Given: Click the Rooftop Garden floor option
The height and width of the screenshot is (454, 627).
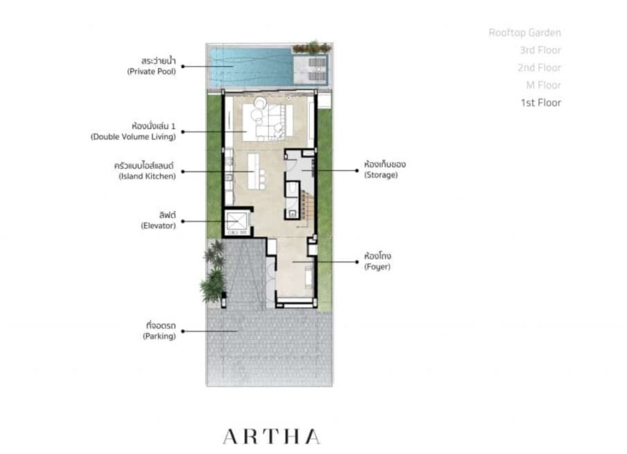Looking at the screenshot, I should point(524,33).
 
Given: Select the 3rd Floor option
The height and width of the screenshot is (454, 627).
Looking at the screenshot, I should point(540,50).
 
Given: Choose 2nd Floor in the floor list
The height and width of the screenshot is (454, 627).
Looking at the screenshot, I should point(540,67).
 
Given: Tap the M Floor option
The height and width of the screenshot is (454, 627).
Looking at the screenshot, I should point(543,85).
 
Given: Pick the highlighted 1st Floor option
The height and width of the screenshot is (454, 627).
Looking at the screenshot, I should point(541,103).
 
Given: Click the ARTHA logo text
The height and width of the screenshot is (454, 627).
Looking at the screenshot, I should point(271,436).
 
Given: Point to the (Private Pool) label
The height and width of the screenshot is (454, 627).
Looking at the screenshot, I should point(151,71).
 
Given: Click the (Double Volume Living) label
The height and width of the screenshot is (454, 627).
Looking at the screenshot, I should point(133,137).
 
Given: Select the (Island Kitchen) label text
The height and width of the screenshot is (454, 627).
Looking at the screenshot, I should point(147,176).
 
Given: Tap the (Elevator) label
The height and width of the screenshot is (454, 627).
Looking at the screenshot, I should point(157,225).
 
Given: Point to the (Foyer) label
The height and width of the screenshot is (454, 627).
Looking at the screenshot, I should point(377,267).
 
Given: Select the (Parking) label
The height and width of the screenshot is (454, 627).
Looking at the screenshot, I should point(159,336).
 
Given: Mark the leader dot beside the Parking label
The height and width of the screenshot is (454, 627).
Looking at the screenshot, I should point(182,331).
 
